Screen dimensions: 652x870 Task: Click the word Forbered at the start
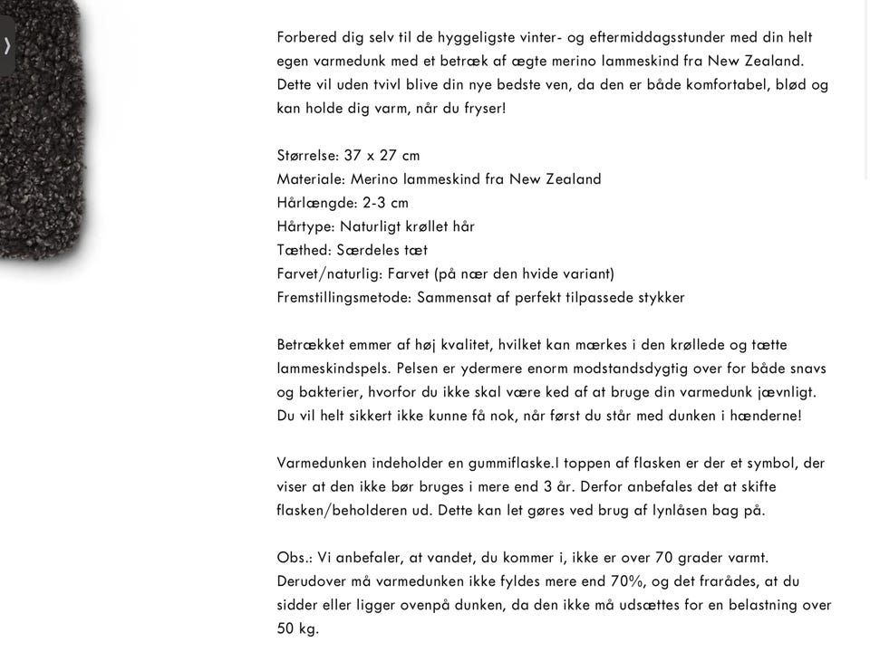tap(307, 38)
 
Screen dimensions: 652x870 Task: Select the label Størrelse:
tap(308, 156)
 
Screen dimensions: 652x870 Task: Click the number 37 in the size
tap(353, 156)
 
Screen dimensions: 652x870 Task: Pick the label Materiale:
tap(311, 179)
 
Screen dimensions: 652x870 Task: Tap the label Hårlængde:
tap(316, 203)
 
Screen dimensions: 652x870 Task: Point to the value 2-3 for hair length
tap(373, 203)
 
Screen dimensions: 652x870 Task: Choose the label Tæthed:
tap(304, 250)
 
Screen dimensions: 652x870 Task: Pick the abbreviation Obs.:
tap(295, 558)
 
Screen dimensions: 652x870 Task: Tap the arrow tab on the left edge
tap(7, 45)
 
